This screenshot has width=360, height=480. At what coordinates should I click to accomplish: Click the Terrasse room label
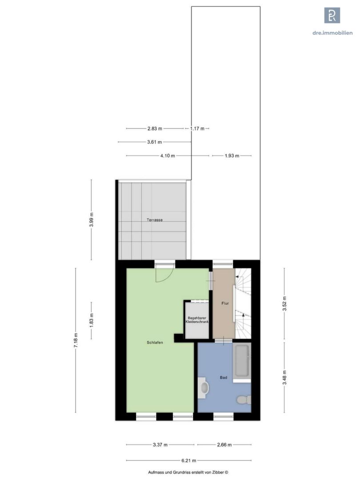(x=154, y=220)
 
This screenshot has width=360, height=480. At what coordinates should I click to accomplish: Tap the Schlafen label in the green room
(x=155, y=343)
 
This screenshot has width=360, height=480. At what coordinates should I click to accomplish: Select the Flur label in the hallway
(x=225, y=304)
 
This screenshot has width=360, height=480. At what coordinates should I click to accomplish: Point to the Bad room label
(x=224, y=377)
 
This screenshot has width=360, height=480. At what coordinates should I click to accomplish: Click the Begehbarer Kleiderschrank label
(x=197, y=320)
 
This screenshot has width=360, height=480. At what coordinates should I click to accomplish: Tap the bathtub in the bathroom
(x=242, y=360)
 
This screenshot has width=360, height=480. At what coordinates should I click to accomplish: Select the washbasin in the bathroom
(x=203, y=388)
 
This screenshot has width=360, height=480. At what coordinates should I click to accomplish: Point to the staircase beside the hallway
(x=243, y=304)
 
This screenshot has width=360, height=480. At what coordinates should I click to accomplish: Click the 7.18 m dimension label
(x=76, y=340)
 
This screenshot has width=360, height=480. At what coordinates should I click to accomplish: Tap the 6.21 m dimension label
(x=189, y=460)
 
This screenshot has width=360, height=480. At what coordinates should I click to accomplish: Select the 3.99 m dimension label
(x=91, y=220)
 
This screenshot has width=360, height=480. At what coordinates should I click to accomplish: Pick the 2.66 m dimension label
(x=224, y=444)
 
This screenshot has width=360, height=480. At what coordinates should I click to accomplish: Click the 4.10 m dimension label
(x=168, y=156)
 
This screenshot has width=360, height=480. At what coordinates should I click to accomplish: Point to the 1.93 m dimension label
(x=232, y=156)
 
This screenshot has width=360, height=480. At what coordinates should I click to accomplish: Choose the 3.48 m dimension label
(x=284, y=377)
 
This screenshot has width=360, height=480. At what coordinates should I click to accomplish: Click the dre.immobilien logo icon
(x=332, y=15)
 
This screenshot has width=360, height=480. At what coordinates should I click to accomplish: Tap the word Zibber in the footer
(x=218, y=472)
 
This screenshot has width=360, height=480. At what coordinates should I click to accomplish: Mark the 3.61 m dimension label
(x=155, y=142)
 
